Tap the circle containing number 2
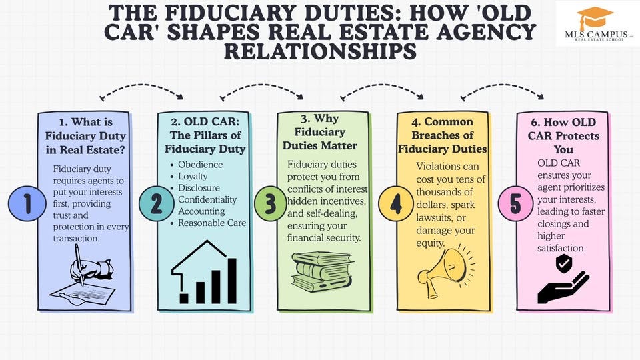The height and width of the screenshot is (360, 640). point(157,204)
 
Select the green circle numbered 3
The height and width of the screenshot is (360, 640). point(270,204)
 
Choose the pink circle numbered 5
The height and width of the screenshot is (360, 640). point(515,204)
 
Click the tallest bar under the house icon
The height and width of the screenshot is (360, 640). point(232,280)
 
